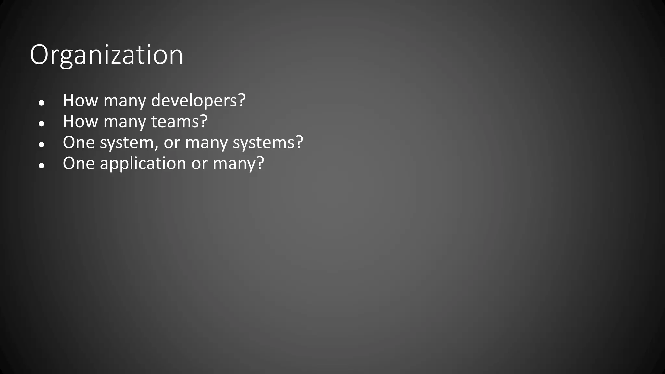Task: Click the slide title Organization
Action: (106, 55)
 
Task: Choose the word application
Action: (143, 163)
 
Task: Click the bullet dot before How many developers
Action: (41, 103)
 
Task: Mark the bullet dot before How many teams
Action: (41, 124)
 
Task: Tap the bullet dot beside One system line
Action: (41, 145)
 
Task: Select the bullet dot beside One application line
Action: (41, 166)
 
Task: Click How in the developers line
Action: (80, 100)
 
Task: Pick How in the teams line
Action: (80, 121)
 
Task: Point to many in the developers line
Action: (125, 101)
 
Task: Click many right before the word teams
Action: (125, 122)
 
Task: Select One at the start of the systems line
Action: (79, 143)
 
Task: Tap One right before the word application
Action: (79, 163)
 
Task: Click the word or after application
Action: (199, 164)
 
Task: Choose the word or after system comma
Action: (171, 143)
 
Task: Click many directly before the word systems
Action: (206, 143)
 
